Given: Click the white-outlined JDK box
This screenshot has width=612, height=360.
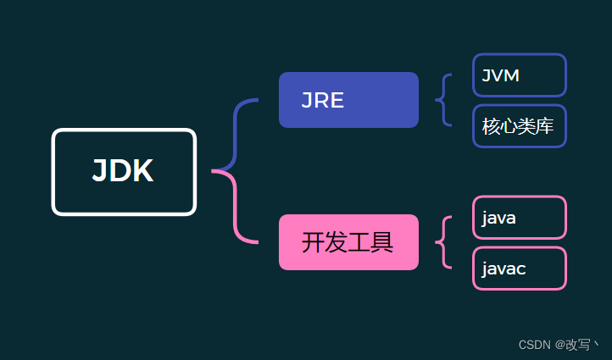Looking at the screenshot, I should point(124,172).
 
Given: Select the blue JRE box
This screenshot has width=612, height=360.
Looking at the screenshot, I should point(348,100).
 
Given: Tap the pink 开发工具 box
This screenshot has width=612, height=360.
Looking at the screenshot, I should point(348,242).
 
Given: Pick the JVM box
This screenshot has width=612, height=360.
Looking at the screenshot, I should point(519,75).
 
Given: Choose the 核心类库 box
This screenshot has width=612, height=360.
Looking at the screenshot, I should point(519,126).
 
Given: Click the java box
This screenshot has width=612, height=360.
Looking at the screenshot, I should point(519,218).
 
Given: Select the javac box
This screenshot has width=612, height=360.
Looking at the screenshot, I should point(519,269).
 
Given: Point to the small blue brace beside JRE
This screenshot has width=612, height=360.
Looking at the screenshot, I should point(442,100).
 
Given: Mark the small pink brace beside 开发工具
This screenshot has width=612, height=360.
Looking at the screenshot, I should point(442,242).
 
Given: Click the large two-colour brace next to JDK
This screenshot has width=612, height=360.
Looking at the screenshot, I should point(232,171).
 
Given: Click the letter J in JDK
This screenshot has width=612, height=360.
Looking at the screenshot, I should point(101,172).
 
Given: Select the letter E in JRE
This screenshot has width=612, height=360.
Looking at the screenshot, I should point(337,101).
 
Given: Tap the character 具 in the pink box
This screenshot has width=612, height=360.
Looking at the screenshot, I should point(383,243).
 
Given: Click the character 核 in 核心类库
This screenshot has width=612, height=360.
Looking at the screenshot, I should point(491,127).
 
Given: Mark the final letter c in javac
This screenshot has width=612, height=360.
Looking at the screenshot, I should point(520,269).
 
